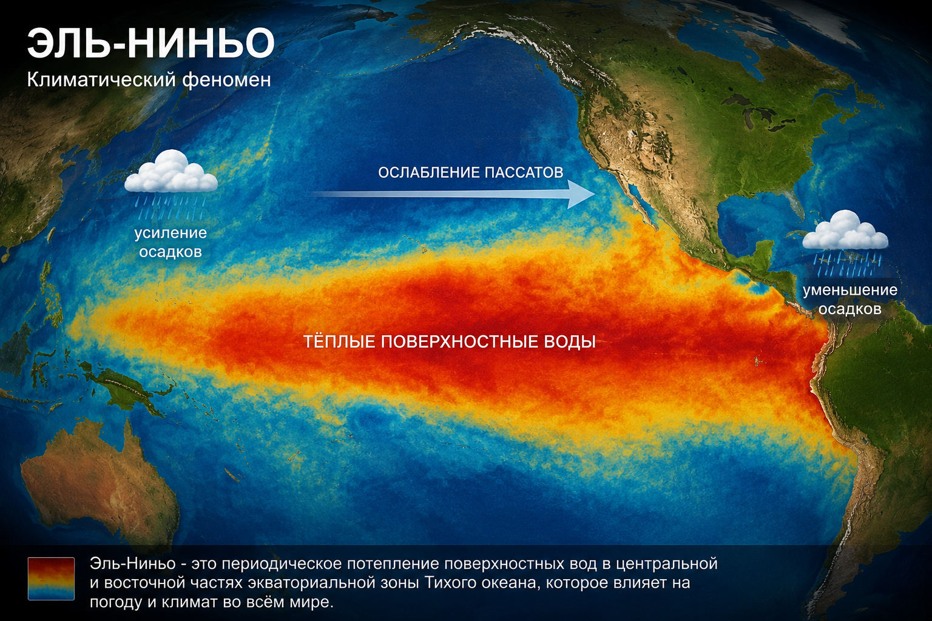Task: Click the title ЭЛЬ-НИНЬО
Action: [x=150, y=43]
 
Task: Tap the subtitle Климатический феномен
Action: [x=149, y=79]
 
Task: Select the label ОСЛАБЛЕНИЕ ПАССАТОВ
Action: [x=471, y=172]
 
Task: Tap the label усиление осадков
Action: [x=171, y=242]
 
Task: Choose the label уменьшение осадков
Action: [x=850, y=300]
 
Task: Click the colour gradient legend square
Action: [x=51, y=579]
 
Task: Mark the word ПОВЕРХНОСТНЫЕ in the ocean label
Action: [x=459, y=341]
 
